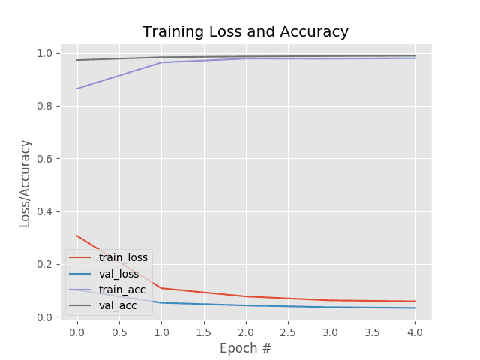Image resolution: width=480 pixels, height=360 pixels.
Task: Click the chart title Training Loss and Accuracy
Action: (245, 32)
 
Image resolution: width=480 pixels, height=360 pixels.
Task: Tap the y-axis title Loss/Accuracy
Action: (25, 184)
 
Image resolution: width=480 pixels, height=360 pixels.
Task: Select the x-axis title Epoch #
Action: (245, 348)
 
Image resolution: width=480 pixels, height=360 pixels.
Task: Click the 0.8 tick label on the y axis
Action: (45, 106)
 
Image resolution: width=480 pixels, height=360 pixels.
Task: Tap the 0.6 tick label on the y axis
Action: (45, 159)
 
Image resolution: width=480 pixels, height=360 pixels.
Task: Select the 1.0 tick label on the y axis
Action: (45, 54)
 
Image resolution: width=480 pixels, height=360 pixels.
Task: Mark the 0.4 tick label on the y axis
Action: (45, 211)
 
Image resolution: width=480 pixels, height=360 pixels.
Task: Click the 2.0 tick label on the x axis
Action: (246, 331)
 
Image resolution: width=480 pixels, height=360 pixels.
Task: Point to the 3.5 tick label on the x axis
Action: (373, 331)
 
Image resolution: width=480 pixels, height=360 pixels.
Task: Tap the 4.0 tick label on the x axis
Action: (415, 331)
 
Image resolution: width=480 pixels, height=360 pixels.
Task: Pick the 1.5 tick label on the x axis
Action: (203, 331)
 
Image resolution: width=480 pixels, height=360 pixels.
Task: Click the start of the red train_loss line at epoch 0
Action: (76, 235)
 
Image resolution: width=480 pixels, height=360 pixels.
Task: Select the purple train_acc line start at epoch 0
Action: (76, 88)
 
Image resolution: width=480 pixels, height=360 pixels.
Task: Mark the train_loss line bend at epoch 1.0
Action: (161, 288)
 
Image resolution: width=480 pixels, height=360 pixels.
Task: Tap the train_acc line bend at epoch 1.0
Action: (161, 62)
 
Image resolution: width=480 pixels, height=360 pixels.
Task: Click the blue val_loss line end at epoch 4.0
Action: (415, 307)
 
